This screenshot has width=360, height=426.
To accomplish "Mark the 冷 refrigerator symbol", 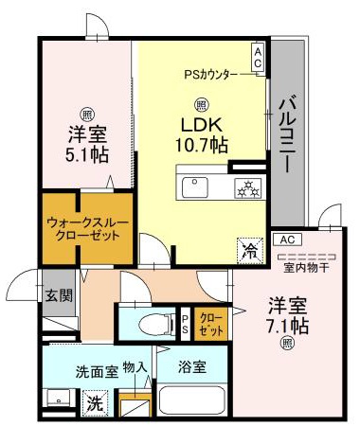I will (249, 251).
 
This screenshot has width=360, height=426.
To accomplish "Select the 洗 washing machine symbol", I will (95, 402).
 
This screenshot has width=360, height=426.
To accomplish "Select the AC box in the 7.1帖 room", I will (291, 240).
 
